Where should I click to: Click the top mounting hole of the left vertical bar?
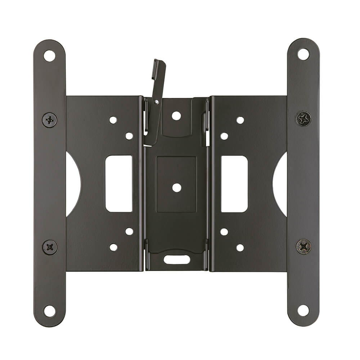coord(49,56)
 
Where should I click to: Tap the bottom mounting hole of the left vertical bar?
coord(49,311)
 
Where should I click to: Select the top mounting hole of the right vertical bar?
coord(303,54)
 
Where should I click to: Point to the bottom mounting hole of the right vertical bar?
coord(303,310)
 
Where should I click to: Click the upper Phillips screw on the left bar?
coord(49,120)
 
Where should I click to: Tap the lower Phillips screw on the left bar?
coord(50,247)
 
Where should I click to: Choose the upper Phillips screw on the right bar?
coord(303,118)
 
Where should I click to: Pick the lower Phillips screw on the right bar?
coord(303,247)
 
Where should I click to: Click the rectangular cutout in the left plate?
coord(119,184)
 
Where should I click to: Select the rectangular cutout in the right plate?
coord(234,184)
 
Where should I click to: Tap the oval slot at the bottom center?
coord(177,259)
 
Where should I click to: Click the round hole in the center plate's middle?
coord(176,188)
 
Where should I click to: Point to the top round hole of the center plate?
coord(176,116)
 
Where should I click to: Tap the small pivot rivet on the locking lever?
coord(157,102)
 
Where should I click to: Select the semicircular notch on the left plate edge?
coord(73,184)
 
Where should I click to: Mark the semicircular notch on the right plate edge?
coord(280,184)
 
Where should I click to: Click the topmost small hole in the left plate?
coord(113,120)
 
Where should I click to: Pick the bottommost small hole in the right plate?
coord(240,248)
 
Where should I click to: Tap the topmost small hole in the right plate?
coord(240,120)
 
